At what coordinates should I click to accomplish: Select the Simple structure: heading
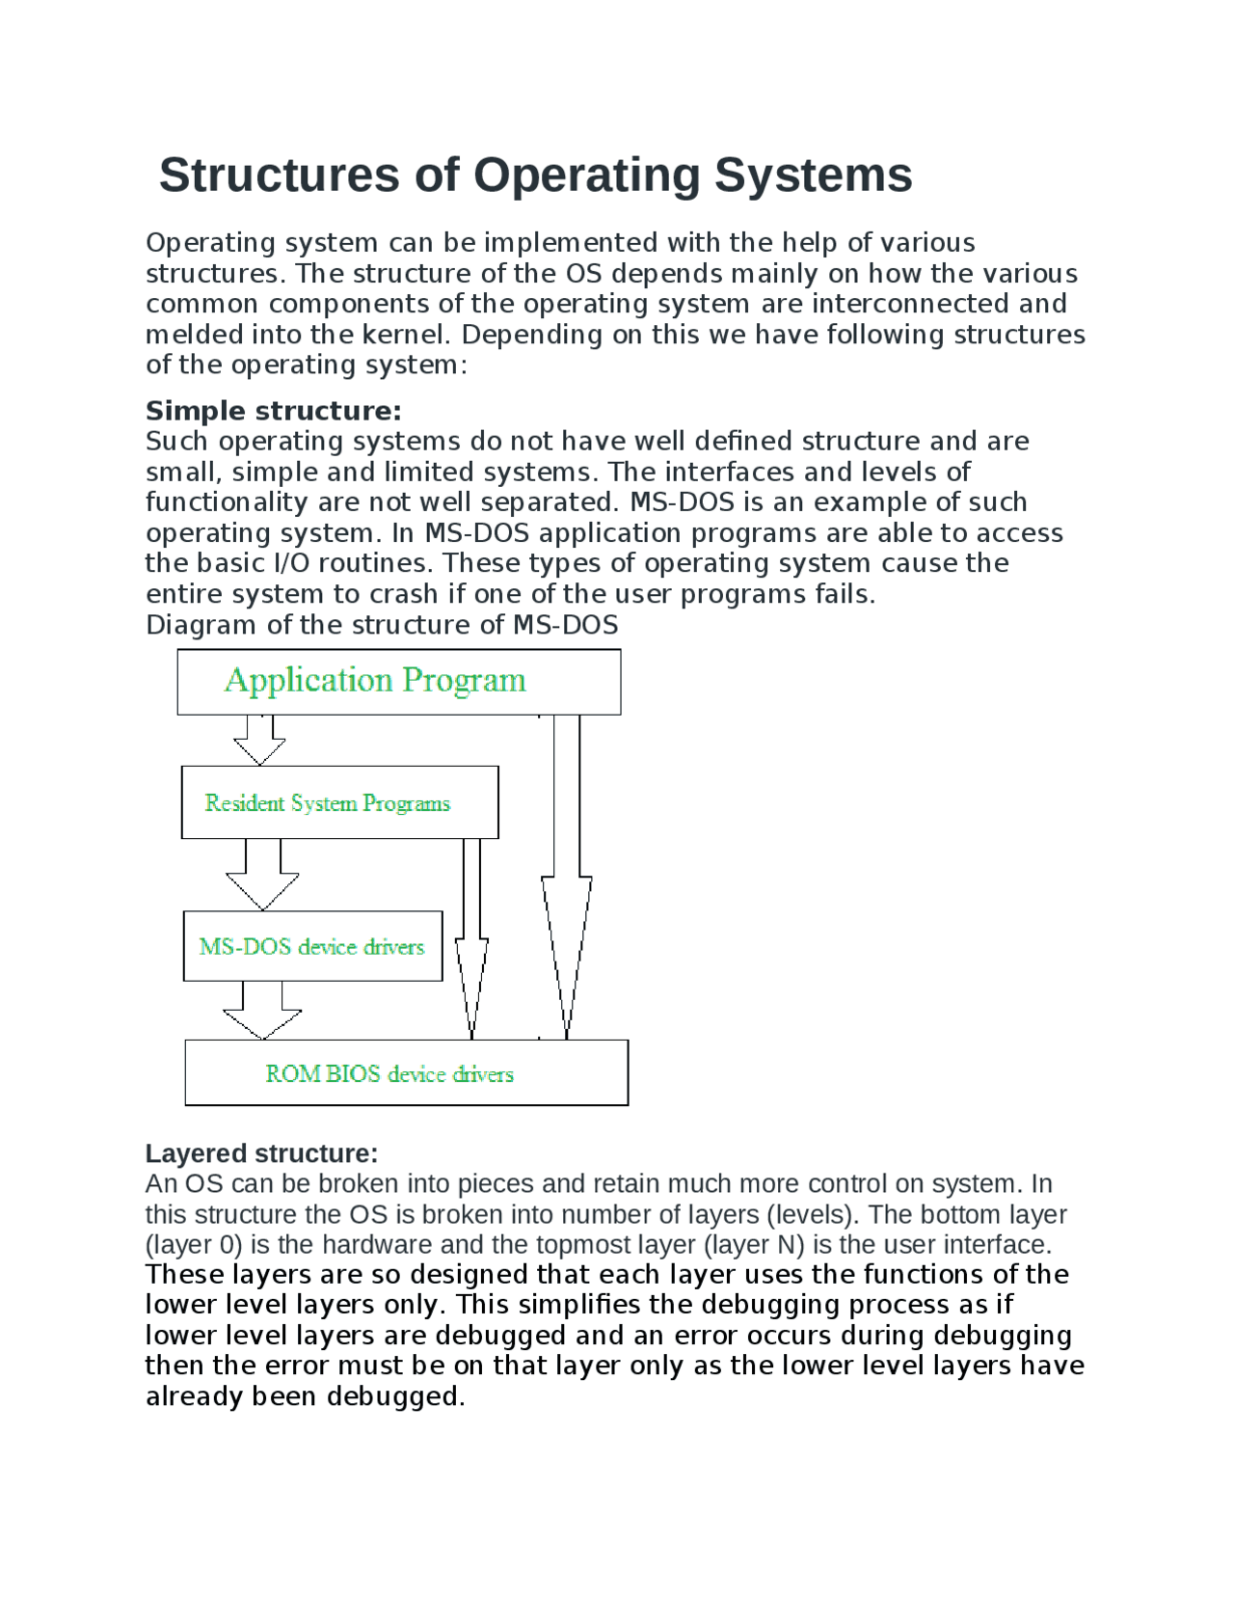(x=273, y=411)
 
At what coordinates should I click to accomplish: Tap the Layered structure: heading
(x=261, y=1153)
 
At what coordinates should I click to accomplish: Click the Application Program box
(x=398, y=682)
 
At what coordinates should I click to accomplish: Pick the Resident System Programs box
(x=339, y=802)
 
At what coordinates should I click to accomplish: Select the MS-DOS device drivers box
(x=312, y=946)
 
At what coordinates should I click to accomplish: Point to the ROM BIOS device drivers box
(x=406, y=1073)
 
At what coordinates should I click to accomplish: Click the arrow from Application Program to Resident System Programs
(x=259, y=741)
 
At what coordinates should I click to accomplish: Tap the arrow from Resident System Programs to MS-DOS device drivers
(x=262, y=876)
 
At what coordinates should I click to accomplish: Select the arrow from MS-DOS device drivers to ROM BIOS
(x=262, y=1012)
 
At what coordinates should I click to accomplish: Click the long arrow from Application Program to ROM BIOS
(x=567, y=878)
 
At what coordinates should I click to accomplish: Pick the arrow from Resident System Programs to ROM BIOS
(x=471, y=940)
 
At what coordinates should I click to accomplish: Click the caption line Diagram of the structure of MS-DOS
(x=382, y=625)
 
